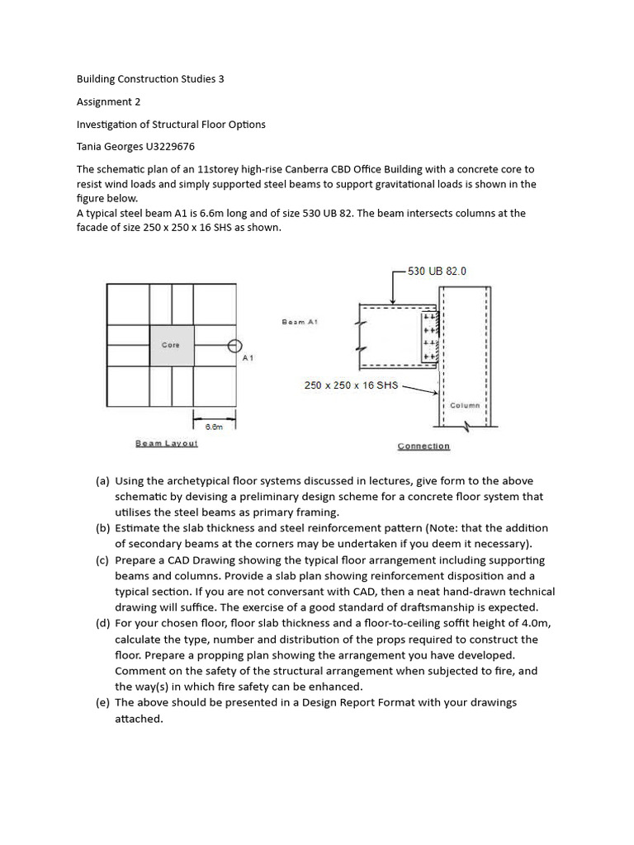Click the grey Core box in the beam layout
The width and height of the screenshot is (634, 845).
[172, 345]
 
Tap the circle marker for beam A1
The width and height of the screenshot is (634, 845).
[234, 346]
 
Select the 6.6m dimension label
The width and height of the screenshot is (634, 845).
[214, 427]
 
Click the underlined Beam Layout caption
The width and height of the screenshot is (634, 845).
[167, 443]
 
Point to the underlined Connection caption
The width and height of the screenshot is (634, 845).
[423, 446]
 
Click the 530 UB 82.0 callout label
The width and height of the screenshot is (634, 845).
[437, 271]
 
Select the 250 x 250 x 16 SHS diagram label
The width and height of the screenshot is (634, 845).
[351, 385]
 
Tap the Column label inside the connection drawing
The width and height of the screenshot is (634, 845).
[465, 405]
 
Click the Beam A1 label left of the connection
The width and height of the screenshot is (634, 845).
[300, 322]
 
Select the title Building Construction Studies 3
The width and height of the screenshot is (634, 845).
[150, 79]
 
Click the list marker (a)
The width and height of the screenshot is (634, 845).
[102, 480]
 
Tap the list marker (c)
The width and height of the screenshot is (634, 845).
[102, 559]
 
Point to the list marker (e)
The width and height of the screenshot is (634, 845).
[102, 702]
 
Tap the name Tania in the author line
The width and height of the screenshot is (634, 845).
[91, 147]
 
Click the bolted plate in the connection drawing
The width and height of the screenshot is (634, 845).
[428, 336]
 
